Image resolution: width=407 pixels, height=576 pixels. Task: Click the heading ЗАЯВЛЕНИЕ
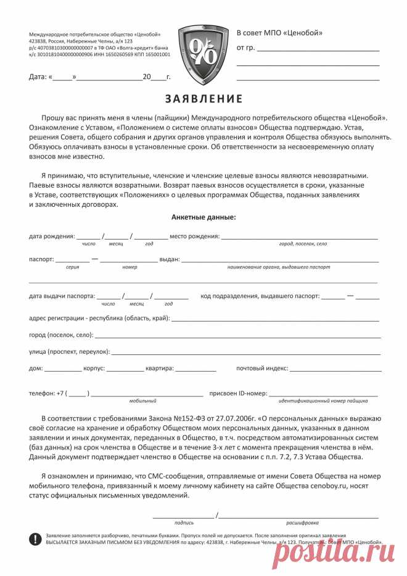pos(203,99)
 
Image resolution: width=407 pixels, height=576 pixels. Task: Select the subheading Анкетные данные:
pos(203,217)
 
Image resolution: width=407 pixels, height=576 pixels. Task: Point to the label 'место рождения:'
pos(194,236)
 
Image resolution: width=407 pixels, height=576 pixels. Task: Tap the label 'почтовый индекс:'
pos(262,369)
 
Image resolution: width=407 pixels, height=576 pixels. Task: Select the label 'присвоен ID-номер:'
pos(238,393)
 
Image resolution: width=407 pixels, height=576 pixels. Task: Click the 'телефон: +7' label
pos(47,393)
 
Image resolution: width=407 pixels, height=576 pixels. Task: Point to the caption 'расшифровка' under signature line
pos(302,522)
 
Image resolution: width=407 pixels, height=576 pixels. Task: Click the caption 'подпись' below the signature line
pos(184,522)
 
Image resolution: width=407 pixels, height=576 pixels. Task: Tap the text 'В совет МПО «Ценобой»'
pos(279,33)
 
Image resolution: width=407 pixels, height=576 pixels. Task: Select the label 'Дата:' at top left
pos(38,77)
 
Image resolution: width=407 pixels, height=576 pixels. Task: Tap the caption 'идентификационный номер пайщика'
pos(323,401)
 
